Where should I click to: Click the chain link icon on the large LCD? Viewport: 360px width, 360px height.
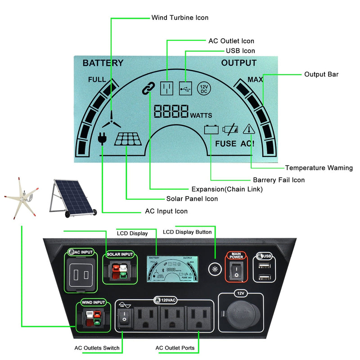point(148,89)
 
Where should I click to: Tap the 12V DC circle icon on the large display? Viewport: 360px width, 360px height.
point(203,88)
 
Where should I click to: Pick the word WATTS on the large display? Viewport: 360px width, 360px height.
point(201,115)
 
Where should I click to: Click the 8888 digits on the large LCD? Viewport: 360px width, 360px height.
point(171,111)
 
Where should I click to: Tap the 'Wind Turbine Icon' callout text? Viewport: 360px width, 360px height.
point(180,18)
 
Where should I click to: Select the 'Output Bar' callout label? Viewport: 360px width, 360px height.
point(321,74)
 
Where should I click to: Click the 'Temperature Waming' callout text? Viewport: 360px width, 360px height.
point(319,168)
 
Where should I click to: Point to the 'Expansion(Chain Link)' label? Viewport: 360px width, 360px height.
point(227,189)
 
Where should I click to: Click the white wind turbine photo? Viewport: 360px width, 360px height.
point(20,197)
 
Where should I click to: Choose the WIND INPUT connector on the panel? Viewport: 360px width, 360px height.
point(94,319)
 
